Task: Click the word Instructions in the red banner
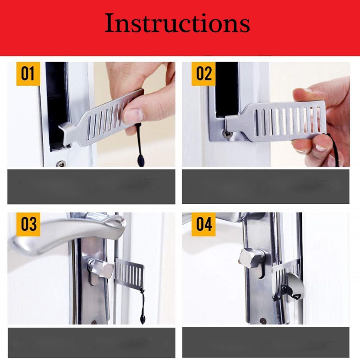tap(177, 24)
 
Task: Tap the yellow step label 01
tap(28, 73)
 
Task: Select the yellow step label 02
tap(204, 73)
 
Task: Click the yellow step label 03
tap(28, 224)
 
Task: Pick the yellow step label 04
tap(204, 224)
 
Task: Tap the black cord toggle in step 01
tap(140, 158)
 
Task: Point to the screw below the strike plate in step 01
tap(61, 163)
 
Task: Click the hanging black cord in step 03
tap(143, 306)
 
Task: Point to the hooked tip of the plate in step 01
tap(65, 128)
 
